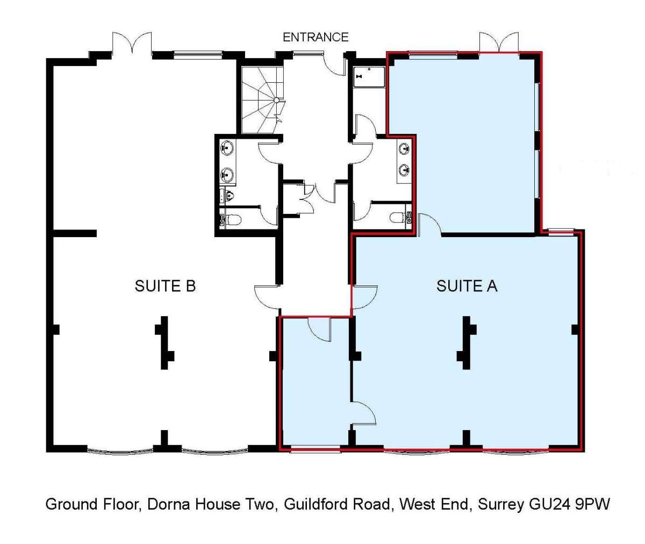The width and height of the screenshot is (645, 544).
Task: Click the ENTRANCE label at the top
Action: point(316,37)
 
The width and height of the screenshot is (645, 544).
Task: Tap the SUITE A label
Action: point(467,286)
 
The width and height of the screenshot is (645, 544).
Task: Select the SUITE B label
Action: point(165,286)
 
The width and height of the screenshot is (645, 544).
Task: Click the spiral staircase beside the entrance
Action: point(261,100)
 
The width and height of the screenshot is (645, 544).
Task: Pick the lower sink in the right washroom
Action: point(404,170)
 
